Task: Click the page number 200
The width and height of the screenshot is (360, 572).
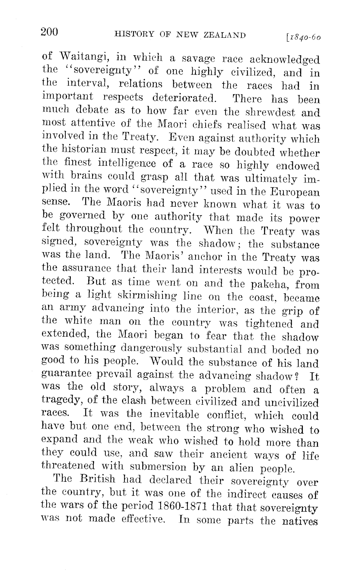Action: [x=49, y=32]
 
